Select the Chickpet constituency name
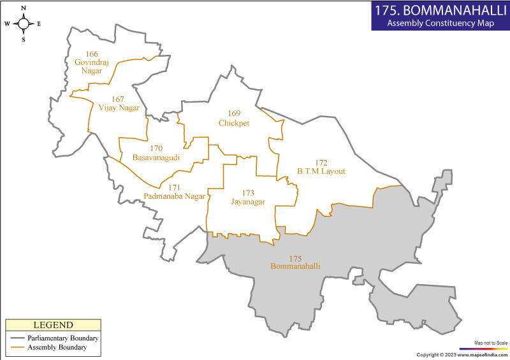[x=234, y=123]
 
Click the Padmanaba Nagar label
[x=175, y=196]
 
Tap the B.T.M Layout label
[x=321, y=171]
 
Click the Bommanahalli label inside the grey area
[x=295, y=266]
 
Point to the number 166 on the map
[x=92, y=54]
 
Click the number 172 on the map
[x=321, y=162]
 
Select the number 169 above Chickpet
[x=234, y=113]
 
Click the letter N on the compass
[x=24, y=8]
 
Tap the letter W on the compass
[x=7, y=24]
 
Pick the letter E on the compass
[x=39, y=24]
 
